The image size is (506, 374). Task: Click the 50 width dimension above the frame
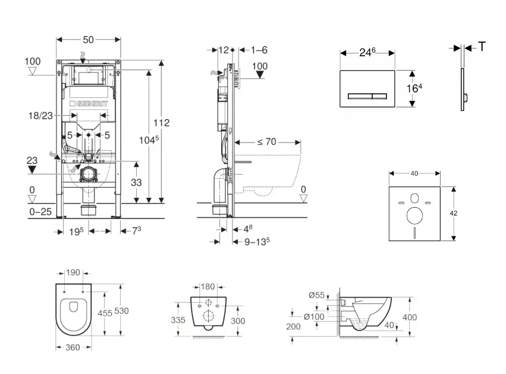(88, 39)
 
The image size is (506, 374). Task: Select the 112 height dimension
(162, 123)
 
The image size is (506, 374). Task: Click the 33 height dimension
(136, 183)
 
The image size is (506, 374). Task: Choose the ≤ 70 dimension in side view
(267, 142)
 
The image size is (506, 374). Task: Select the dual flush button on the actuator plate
(367, 95)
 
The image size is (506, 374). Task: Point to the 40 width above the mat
(414, 173)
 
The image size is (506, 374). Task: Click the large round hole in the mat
(414, 215)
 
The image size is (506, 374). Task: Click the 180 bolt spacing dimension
(207, 287)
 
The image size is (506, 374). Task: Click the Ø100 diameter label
(315, 316)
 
